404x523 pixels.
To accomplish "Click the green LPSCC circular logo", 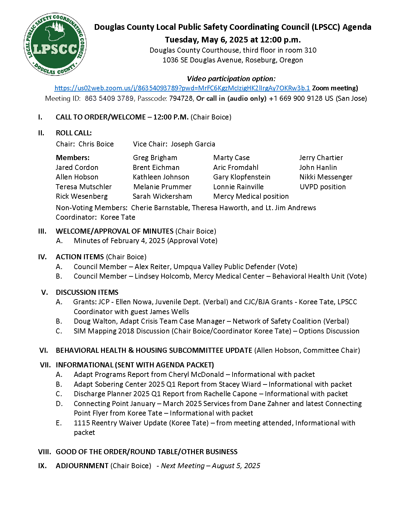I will tap(55, 44).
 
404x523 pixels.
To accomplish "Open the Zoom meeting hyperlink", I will tap(182, 88).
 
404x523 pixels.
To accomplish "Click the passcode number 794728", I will tap(181, 99).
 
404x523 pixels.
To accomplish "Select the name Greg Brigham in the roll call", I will tap(155, 158).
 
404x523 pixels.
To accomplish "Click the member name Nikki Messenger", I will tap(326, 177).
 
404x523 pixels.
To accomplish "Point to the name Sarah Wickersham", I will tap(162, 197).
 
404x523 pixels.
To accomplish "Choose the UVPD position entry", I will tap(323, 187).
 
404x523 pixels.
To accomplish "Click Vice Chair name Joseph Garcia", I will tap(193, 144).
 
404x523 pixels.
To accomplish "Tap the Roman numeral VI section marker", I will tap(43, 351).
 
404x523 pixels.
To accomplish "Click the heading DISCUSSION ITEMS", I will tap(87, 293).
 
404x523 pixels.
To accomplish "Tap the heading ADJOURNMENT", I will tap(82, 466).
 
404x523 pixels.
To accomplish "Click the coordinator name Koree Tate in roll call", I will tap(118, 217).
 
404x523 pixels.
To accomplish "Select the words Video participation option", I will tap(231, 79).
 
